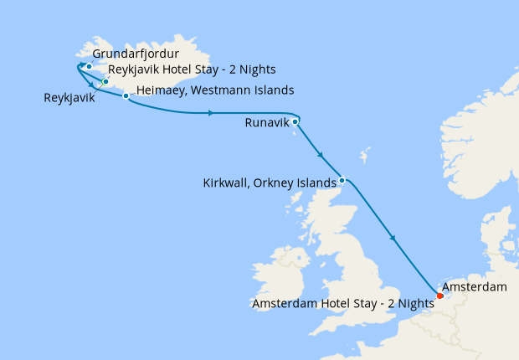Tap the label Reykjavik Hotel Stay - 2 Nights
[x=192, y=69]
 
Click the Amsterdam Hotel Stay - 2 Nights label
[x=342, y=304]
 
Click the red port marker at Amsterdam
[x=439, y=295]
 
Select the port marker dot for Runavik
[x=295, y=121]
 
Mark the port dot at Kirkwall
[x=342, y=180]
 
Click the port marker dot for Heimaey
[x=126, y=96]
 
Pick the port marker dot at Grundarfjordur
[x=88, y=64]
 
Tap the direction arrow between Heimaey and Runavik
[x=209, y=112]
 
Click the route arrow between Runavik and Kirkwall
[x=321, y=155]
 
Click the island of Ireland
[x=276, y=268]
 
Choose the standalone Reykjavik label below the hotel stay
[x=69, y=98]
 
